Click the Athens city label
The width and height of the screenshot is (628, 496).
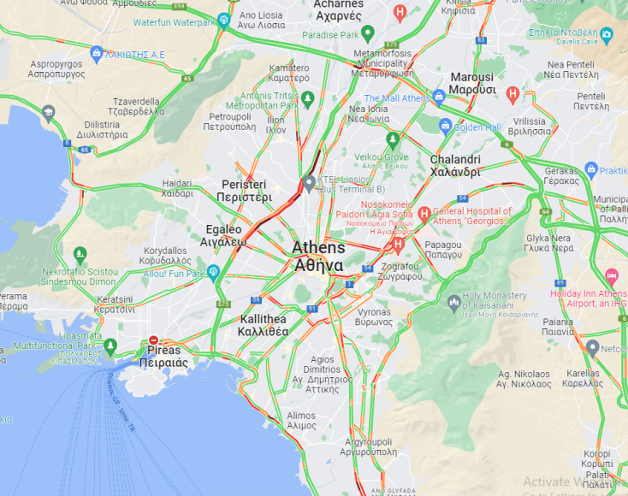point(319,256)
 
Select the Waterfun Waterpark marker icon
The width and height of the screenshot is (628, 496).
point(224,21)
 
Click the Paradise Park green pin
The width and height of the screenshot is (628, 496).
point(368,34)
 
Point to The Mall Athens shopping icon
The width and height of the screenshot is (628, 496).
point(439,97)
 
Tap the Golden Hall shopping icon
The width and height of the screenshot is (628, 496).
point(445,127)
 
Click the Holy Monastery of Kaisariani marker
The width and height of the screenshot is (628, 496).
point(453,301)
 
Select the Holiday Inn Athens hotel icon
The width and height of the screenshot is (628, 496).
point(611,277)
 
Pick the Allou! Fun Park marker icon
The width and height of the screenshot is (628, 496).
point(214,273)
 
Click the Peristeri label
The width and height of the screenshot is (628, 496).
point(246,191)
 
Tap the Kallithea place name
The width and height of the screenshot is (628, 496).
point(264,325)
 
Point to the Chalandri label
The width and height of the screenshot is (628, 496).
point(455,165)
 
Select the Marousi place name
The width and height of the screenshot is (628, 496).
point(472,83)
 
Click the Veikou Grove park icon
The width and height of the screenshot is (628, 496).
point(393,139)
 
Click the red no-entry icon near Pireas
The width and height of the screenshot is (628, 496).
point(154,340)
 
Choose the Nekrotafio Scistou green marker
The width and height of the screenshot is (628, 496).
point(80,254)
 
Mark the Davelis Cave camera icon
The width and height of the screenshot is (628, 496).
point(607,35)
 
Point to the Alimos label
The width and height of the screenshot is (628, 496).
point(301,420)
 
